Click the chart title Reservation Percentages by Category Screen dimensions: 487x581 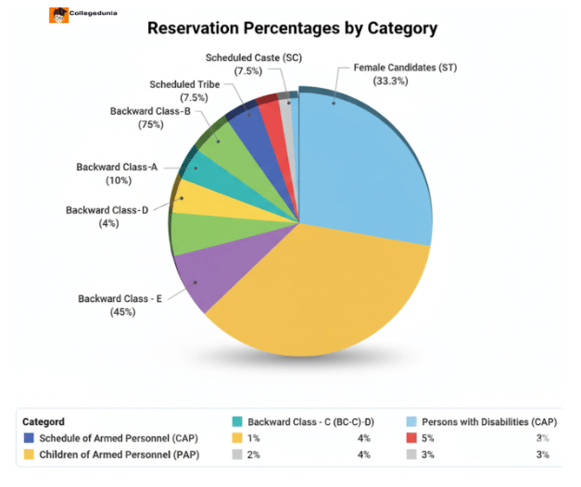[292, 29]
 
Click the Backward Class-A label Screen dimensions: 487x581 [117, 167]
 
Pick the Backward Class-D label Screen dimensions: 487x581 [107, 210]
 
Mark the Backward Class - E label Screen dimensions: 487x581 [120, 299]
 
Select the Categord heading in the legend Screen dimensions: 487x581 [44, 421]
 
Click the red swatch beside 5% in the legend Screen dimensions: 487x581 [410, 438]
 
